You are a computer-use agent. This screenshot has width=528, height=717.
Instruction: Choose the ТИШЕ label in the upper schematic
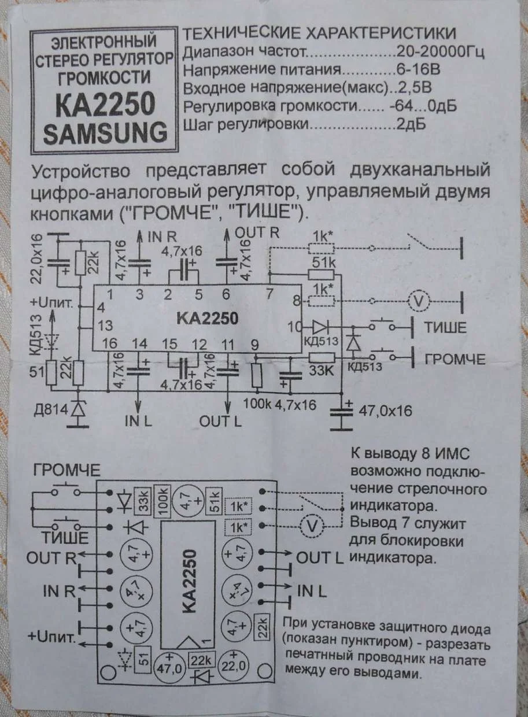tap(445, 327)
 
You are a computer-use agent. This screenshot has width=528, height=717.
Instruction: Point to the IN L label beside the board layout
tap(312, 592)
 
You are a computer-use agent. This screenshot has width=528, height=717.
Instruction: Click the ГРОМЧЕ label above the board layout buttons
tap(67, 469)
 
